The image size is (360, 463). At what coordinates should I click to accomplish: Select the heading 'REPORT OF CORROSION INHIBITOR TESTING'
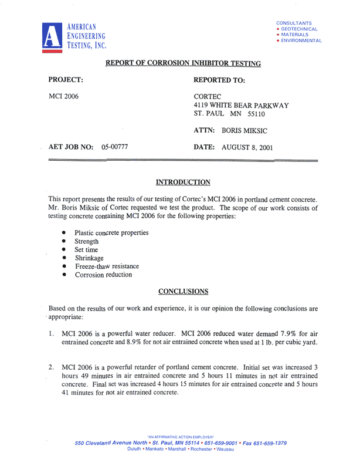(183, 63)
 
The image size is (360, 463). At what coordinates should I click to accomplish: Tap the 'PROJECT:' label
(65, 79)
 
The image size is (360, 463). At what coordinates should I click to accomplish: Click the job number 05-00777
(115, 147)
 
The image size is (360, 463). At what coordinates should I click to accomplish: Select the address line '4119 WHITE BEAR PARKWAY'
(242, 105)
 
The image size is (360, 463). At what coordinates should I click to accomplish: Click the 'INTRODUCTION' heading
(183, 182)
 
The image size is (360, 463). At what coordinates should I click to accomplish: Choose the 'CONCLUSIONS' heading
(184, 290)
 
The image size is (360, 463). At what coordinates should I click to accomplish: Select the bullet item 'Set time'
(86, 249)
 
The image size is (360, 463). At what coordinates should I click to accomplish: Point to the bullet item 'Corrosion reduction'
(103, 274)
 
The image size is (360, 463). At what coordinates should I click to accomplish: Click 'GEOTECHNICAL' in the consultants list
(300, 29)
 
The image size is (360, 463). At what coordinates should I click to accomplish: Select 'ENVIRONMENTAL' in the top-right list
(301, 40)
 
